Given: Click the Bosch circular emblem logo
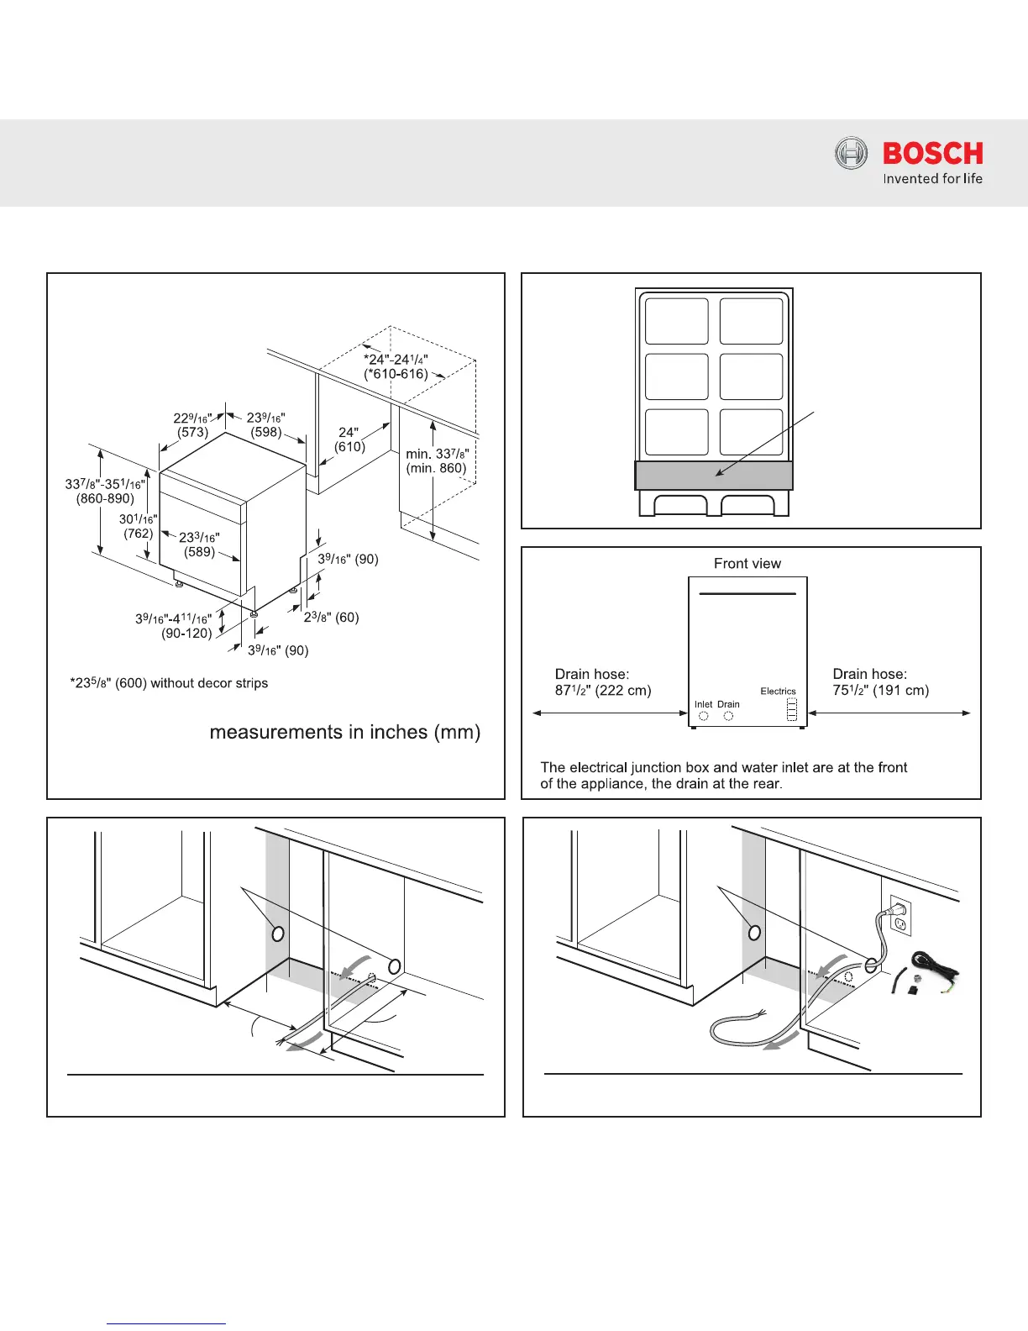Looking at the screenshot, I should [x=851, y=154].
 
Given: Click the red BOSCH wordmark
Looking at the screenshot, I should [x=932, y=153].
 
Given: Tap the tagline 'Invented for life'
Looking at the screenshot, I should [x=932, y=178].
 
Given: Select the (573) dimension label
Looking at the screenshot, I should [x=192, y=432].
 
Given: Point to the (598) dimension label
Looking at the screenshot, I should [x=266, y=432].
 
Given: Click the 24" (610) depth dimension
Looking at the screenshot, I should [x=350, y=439].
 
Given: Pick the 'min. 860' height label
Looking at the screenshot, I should [x=436, y=468].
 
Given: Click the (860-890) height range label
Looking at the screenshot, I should [x=105, y=498].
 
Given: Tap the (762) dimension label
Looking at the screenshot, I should [x=139, y=533].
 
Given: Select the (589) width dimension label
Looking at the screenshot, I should [x=200, y=551].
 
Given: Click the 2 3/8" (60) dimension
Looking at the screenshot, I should [x=332, y=617].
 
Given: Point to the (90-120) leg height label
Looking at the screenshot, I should [x=186, y=633].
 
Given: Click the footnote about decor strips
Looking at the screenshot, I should [x=169, y=683].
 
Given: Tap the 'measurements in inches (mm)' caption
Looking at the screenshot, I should [x=344, y=732].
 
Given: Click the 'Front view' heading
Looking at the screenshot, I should [x=747, y=563].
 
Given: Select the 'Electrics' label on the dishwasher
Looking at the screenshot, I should [x=778, y=692].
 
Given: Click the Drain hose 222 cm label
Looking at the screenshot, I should [x=603, y=682].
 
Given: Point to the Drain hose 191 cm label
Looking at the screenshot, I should [x=880, y=682].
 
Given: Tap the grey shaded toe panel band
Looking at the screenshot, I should [x=714, y=475].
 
